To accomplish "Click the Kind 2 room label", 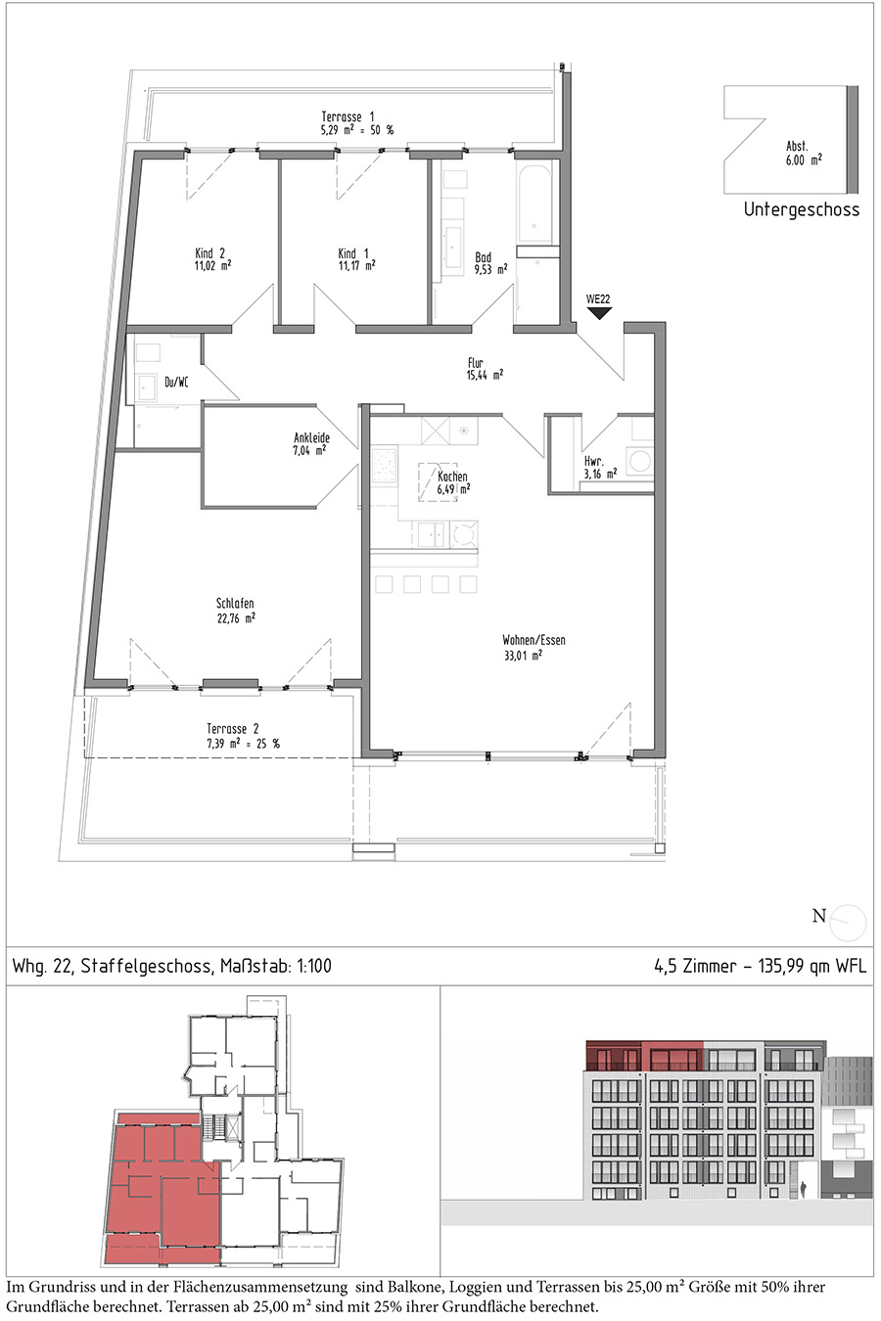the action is click(x=210, y=253).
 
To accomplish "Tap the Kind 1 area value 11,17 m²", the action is click(x=356, y=266).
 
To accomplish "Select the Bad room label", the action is click(x=484, y=257).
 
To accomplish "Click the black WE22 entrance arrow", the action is click(x=598, y=313).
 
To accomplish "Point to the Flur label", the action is click(x=476, y=363).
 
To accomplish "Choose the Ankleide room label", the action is click(x=311, y=438).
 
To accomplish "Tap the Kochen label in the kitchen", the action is click(x=452, y=476).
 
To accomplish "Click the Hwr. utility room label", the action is click(x=594, y=462).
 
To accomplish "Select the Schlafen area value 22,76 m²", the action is click(x=236, y=618).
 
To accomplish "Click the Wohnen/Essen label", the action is click(x=533, y=640).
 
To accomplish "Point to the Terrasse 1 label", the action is click(x=348, y=116).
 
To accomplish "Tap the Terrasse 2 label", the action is click(x=233, y=729).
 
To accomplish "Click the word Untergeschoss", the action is click(x=802, y=209).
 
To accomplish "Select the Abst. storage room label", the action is click(x=797, y=146).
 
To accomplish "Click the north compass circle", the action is click(x=848, y=923).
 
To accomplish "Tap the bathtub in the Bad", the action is click(x=535, y=202).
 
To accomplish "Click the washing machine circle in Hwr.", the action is click(x=639, y=461).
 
